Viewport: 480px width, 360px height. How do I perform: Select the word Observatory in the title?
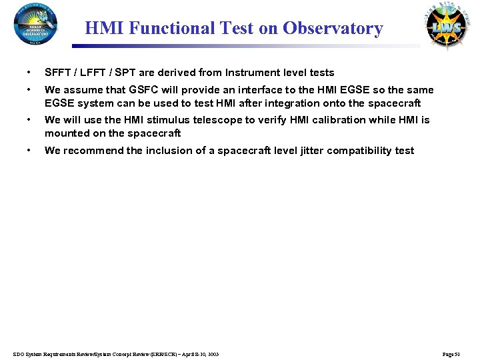coord(333,29)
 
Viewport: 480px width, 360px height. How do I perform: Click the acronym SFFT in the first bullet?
coord(58,73)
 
